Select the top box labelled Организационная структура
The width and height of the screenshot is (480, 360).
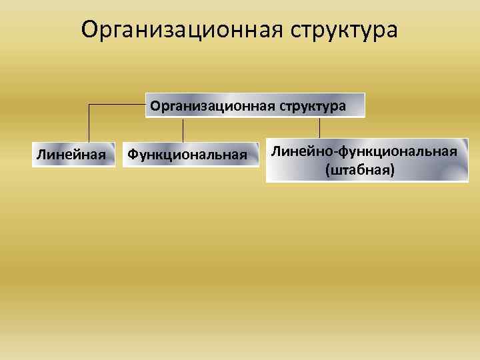(x=255, y=105)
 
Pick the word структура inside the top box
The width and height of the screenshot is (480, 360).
(x=313, y=106)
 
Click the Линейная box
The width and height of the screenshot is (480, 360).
(x=72, y=155)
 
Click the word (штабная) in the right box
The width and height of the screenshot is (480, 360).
(x=360, y=171)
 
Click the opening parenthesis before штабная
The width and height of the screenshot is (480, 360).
(x=327, y=171)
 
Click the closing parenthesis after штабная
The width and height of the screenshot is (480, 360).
(x=393, y=171)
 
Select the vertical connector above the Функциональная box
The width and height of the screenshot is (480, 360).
(x=183, y=129)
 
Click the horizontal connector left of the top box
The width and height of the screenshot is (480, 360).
(x=117, y=105)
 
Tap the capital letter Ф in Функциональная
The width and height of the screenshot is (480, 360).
(x=133, y=155)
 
